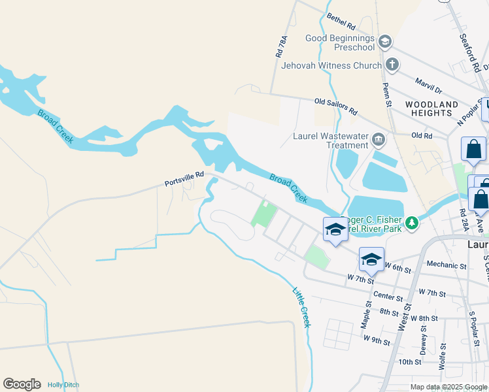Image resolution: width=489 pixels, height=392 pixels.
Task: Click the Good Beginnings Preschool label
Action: point(340,42)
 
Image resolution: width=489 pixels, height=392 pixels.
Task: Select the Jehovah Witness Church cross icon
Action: point(392,65)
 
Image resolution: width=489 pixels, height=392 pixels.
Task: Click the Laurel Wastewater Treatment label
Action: point(329,140)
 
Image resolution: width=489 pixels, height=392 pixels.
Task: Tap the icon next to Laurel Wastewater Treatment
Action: point(379,140)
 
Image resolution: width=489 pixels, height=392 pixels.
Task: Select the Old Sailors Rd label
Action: point(336,106)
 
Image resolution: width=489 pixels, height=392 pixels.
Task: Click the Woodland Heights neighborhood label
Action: point(431,108)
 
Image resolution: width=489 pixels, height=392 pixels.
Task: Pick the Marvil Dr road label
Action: point(429,85)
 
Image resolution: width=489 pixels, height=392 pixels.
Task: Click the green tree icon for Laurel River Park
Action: point(411,223)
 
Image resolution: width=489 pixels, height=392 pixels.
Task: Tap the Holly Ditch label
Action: point(63,385)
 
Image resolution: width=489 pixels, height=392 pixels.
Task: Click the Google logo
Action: point(22,384)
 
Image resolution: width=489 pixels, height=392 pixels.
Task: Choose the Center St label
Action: point(388,297)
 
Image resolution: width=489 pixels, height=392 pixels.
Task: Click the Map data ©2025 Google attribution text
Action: point(448,387)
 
